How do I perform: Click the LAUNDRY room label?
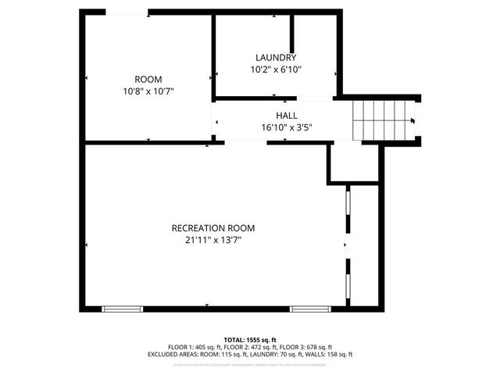coord(276,57)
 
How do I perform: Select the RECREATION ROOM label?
coord(213,228)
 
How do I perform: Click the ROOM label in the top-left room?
coord(148,79)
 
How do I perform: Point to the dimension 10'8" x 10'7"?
coord(148,91)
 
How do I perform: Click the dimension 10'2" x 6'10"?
coord(276,69)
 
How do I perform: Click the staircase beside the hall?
coord(381,120)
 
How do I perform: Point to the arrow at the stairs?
coord(412,120)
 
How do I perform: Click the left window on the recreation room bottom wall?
coord(123,309)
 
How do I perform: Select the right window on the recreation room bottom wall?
coord(311,309)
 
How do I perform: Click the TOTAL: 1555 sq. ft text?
coord(250,340)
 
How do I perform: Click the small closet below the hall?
coord(353,163)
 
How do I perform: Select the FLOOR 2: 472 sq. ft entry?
coord(250,347)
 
